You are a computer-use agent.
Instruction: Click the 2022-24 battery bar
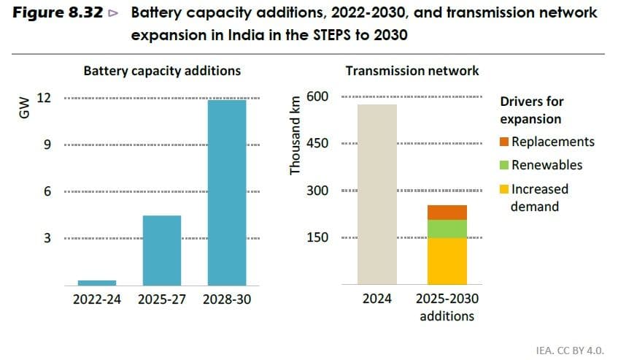(x=97, y=282)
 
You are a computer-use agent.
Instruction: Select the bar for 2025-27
(x=162, y=250)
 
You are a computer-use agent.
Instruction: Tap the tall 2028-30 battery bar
(x=227, y=192)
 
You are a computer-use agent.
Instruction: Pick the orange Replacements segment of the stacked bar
(x=447, y=212)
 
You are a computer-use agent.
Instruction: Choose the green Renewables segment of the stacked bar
(x=447, y=229)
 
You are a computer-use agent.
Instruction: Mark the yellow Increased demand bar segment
(x=447, y=261)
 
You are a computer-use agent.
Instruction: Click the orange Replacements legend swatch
(x=505, y=142)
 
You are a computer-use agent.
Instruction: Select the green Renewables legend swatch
(x=505, y=165)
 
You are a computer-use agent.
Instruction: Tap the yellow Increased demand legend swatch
(x=505, y=189)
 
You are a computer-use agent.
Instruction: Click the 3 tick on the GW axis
(x=47, y=238)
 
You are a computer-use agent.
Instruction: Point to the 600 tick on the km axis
(x=322, y=96)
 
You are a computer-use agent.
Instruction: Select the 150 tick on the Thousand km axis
(x=322, y=237)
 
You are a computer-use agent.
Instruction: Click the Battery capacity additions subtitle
(x=162, y=71)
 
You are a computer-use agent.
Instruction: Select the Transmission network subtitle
(x=412, y=71)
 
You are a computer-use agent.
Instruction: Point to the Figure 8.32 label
(x=66, y=13)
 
